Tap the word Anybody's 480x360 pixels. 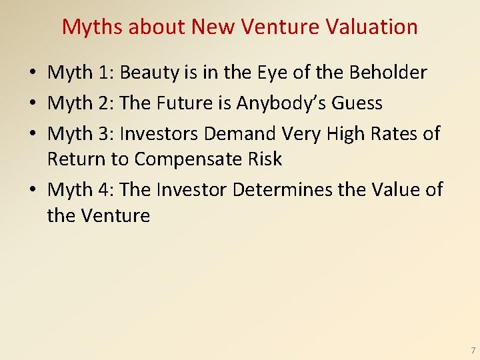click(283, 103)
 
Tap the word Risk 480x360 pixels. click(265, 159)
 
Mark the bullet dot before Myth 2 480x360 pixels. click(33, 104)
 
